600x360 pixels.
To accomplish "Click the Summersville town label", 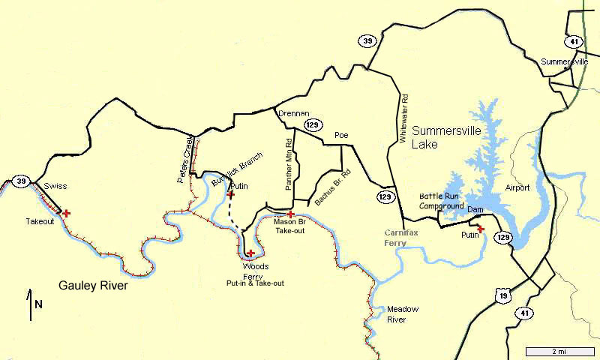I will pos(564,61).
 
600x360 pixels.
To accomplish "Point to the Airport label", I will pos(517,187).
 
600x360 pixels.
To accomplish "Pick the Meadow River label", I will pos(402,313).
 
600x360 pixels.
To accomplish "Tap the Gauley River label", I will pos(94,286).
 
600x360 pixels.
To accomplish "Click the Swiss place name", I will pos(55,186).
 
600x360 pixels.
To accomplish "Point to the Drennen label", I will pos(293,113).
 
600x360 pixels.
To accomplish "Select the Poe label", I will pos(343,136).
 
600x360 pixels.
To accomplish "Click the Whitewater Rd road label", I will pos(403,118).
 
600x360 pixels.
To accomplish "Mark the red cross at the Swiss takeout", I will pos(67,214).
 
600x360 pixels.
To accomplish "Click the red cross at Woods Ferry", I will pos(250,253).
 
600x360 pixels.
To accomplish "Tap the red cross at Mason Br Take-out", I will pos(290,214).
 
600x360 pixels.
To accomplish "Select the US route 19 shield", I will pos(500,295).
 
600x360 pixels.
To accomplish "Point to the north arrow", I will pos(31,303).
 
